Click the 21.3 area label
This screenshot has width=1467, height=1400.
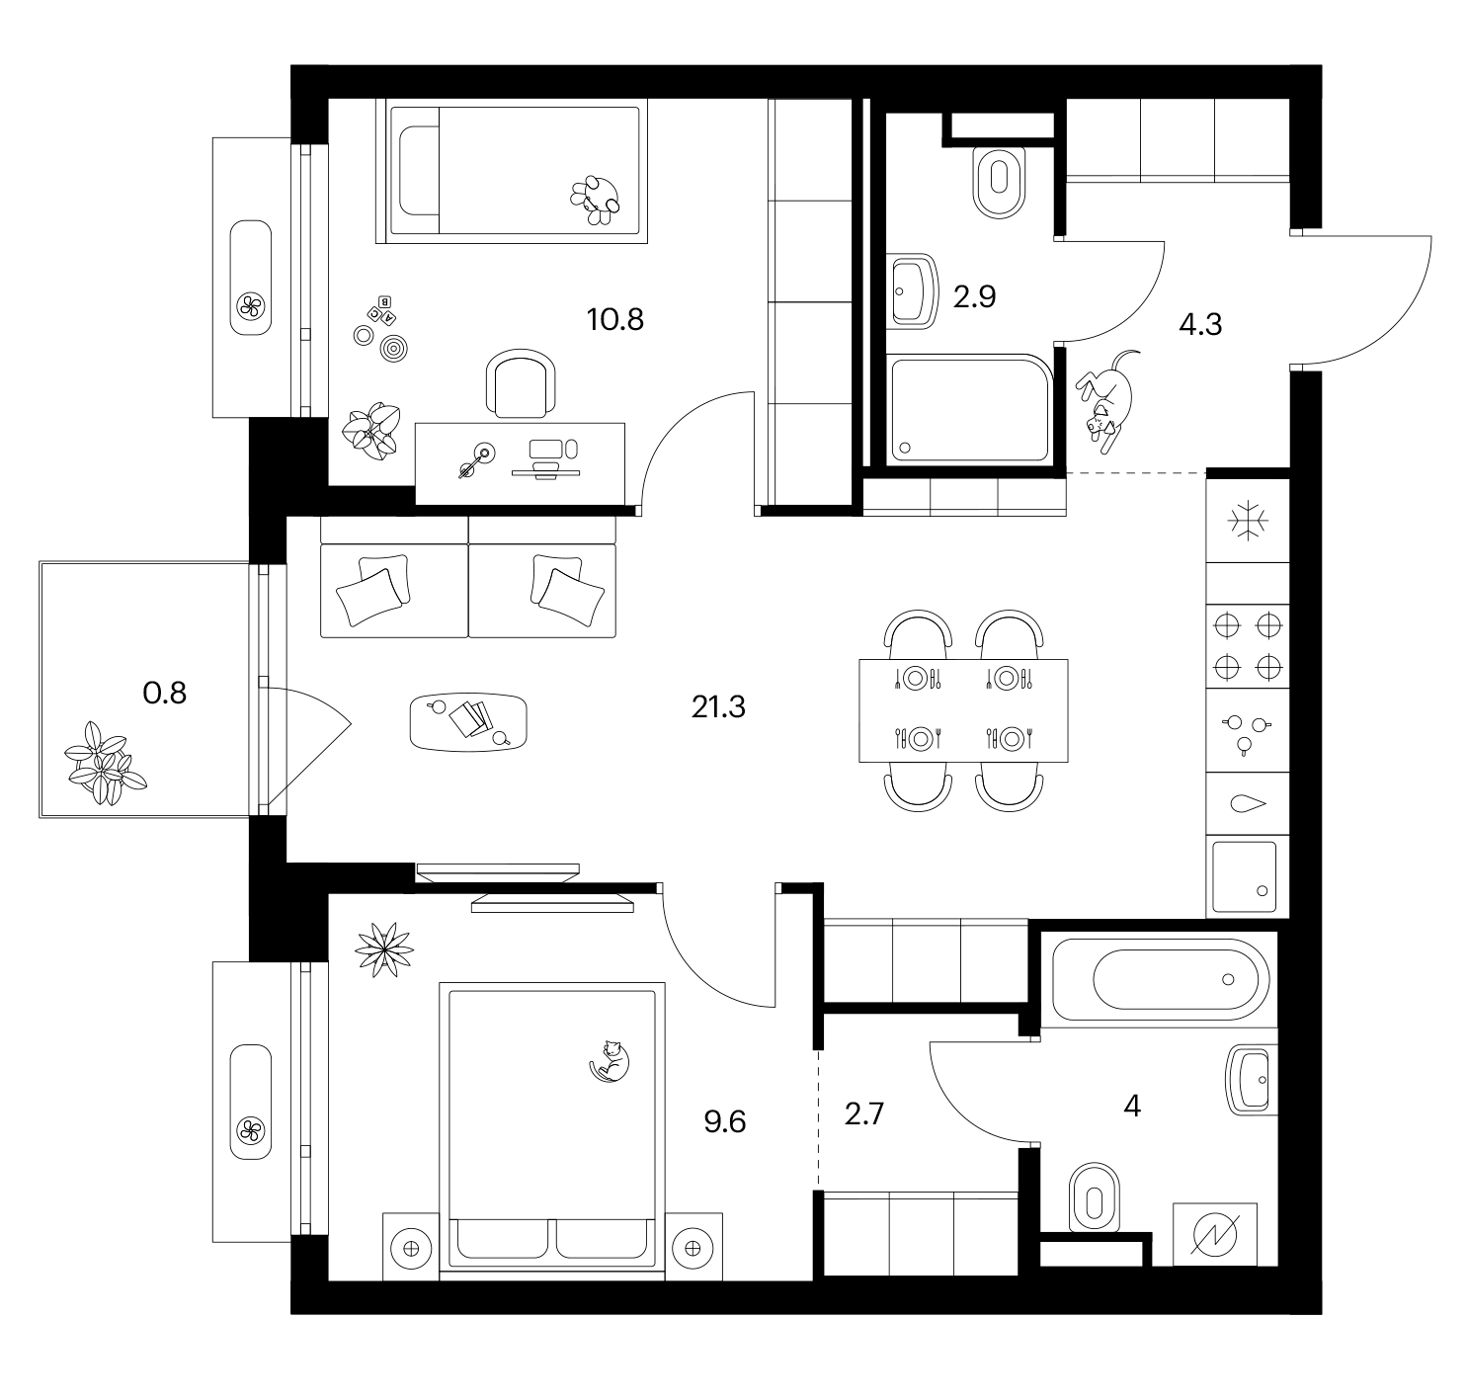click(x=718, y=706)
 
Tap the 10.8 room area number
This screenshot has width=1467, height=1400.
click(x=614, y=320)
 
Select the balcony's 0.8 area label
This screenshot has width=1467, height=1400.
click(x=164, y=694)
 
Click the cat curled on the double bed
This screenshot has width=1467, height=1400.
click(x=610, y=1060)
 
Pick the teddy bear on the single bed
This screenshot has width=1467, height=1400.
click(x=596, y=200)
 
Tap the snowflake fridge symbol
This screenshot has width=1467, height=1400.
click(x=1248, y=520)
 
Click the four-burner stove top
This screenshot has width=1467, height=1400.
click(x=1248, y=646)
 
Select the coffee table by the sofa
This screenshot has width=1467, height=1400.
click(x=468, y=721)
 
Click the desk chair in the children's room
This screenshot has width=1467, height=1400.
click(x=521, y=382)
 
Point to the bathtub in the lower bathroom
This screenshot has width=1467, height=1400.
click(x=1160, y=979)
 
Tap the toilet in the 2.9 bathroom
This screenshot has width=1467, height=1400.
click(x=999, y=182)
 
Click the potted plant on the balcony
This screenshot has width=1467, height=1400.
click(x=104, y=764)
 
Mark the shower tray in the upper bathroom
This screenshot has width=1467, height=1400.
click(x=969, y=409)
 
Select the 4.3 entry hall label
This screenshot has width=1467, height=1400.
click(x=1200, y=325)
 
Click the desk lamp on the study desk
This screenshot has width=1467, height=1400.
click(x=476, y=460)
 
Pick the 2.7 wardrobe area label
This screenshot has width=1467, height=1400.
click(x=863, y=1114)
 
